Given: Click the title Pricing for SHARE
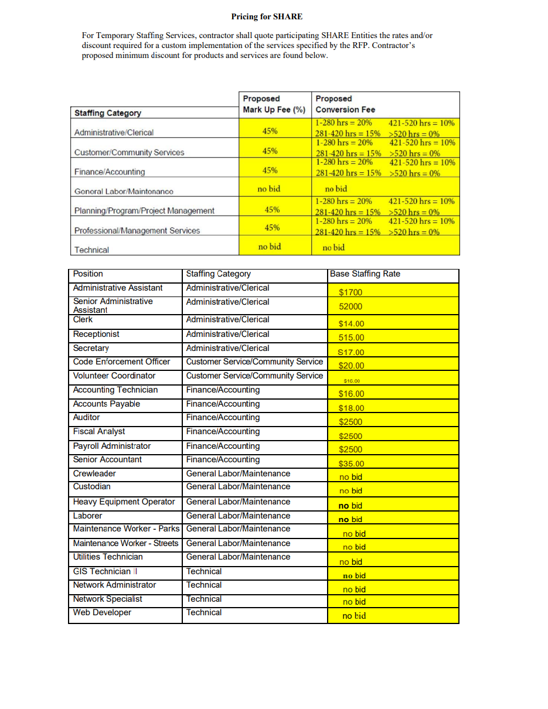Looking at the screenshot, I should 267,16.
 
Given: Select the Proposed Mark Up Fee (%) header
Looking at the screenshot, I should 274,104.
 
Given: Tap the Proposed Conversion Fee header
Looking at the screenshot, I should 345,104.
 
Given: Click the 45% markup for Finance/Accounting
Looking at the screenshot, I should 270,171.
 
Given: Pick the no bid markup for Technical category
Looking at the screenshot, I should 270,247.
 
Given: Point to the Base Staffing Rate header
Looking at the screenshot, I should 365,274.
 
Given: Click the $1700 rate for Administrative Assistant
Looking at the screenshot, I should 350,292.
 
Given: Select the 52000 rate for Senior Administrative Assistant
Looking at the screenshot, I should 350,306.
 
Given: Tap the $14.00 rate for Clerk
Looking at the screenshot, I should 351,323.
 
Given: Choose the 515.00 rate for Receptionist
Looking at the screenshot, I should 351,338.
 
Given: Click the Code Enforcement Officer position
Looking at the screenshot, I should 121,362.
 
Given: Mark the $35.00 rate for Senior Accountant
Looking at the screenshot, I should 351,463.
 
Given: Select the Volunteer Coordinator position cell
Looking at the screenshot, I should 114,376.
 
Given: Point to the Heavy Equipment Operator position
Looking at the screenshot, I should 124,502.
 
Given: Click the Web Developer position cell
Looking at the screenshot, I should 102,612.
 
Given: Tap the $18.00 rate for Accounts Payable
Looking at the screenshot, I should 351,408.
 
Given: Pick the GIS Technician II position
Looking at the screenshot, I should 104,571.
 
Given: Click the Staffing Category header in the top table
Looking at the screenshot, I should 108,113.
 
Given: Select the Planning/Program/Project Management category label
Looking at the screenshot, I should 144,211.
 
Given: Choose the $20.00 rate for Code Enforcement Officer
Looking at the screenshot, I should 351,366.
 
